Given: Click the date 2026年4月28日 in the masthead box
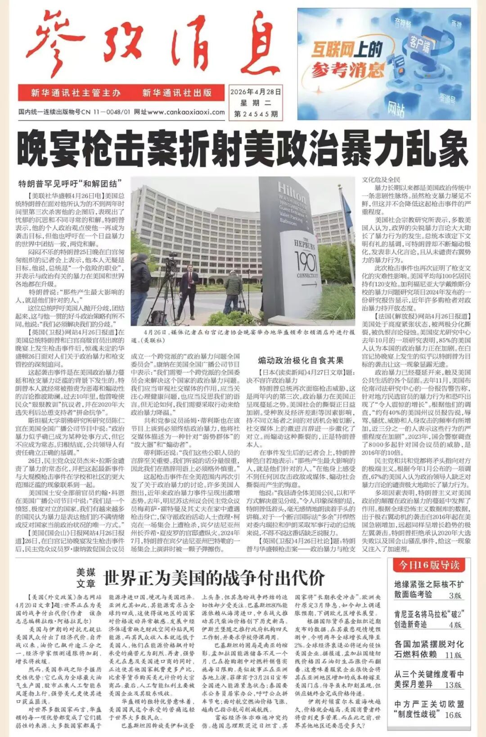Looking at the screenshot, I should pos(256,92).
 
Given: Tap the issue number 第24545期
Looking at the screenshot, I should pos(256,114).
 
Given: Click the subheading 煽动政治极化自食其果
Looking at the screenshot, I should pos(300,360).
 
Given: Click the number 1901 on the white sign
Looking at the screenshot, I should pos(306,261).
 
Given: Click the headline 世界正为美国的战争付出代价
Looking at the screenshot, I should pos(214,578).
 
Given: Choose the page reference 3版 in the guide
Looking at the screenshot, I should pos(455,595).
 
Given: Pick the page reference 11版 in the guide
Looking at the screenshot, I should pos(453,655).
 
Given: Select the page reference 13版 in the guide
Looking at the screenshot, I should pos(453,685).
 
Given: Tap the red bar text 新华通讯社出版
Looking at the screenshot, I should pos(177,93).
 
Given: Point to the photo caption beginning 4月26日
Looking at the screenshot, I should pos(243,336).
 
